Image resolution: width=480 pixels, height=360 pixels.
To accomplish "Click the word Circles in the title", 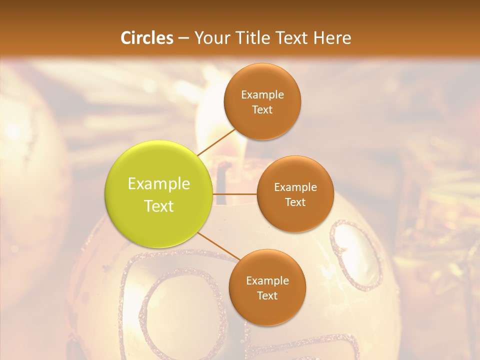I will tap(146, 38).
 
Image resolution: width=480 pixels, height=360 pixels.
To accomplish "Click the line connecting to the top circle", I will tap(216, 142).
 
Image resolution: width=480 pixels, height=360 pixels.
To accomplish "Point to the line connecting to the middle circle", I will tap(235, 194).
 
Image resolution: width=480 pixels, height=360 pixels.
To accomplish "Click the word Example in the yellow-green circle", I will tap(159, 184).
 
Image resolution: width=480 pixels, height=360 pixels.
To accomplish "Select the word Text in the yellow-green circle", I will tap(159, 206).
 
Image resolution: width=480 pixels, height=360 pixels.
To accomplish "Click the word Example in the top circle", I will tap(262, 94).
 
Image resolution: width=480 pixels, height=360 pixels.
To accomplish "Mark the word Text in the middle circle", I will tap(295, 202).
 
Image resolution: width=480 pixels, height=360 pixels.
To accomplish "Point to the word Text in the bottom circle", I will tap(267, 295).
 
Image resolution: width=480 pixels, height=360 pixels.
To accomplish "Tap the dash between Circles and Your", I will tap(183, 38).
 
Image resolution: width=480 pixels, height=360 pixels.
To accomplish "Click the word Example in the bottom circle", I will tap(267, 280).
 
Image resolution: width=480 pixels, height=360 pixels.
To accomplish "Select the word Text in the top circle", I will tap(262, 109).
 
